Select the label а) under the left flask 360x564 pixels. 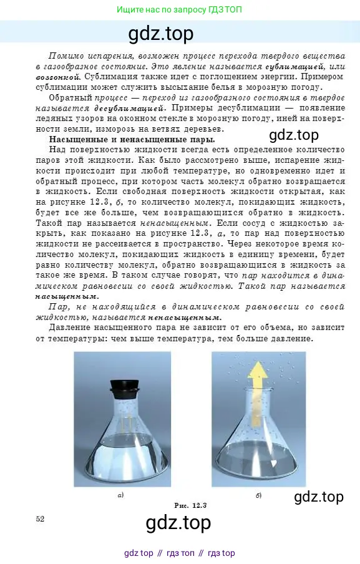click(120, 495)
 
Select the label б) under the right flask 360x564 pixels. click(258, 495)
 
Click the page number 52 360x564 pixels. click(41, 518)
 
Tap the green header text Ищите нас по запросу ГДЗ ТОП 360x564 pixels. click(180, 9)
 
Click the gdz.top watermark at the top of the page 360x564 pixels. click(161, 32)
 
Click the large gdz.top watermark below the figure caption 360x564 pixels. click(178, 523)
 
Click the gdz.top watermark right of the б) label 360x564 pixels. click(318, 497)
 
